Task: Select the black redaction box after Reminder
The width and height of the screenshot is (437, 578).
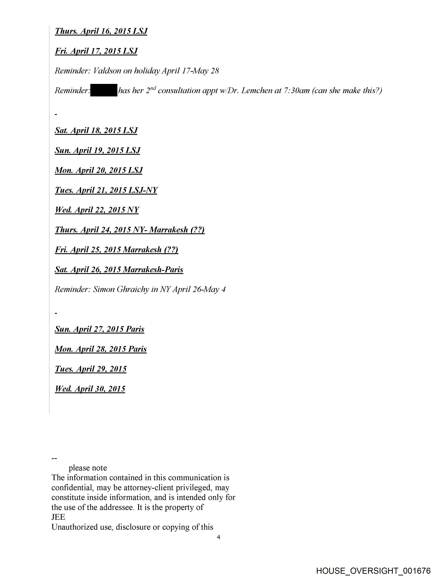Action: [104, 90]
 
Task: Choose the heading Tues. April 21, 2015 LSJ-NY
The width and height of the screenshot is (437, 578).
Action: [106, 190]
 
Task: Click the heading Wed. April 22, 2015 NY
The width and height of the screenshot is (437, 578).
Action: [97, 210]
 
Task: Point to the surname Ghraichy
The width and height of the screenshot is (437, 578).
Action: [133, 289]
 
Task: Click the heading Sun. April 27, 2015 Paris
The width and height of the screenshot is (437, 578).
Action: [99, 329]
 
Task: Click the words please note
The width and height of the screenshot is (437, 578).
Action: [88, 468]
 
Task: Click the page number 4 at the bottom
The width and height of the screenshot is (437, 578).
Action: [219, 537]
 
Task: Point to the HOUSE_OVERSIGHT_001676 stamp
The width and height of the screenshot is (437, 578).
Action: [373, 571]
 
